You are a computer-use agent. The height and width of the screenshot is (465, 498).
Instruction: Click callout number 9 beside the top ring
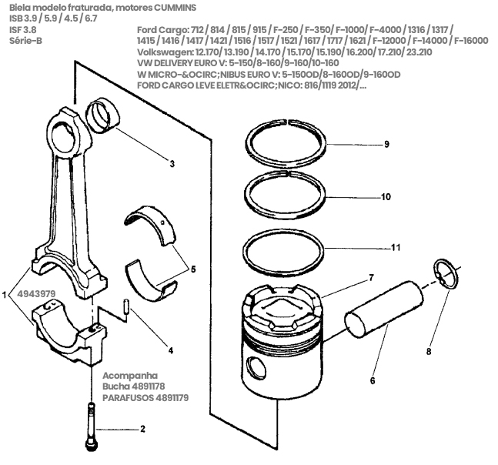(x=386, y=144)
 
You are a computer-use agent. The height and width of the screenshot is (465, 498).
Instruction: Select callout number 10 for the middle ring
(x=386, y=197)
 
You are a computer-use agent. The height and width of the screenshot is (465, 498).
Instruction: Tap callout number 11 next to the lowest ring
(x=396, y=247)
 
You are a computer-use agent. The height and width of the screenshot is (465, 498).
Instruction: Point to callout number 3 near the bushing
(x=172, y=164)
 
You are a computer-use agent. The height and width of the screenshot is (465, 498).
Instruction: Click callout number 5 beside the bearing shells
(x=193, y=269)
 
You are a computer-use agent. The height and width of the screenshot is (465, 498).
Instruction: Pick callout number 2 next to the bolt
(x=142, y=429)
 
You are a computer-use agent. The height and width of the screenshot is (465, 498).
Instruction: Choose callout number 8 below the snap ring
(x=429, y=351)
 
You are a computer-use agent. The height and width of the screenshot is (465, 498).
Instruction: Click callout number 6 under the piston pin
(x=373, y=380)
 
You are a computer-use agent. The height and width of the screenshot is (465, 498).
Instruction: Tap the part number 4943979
(x=36, y=294)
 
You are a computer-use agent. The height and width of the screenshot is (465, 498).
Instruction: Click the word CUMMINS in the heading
(x=175, y=8)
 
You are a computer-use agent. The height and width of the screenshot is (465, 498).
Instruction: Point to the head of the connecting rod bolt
(x=91, y=445)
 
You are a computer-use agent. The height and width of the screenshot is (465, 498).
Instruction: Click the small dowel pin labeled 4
(x=126, y=307)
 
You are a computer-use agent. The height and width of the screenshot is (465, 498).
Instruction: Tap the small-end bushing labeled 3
(x=103, y=115)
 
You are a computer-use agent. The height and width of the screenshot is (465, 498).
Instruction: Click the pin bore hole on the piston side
(x=256, y=367)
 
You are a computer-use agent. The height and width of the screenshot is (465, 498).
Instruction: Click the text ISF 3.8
(x=23, y=30)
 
